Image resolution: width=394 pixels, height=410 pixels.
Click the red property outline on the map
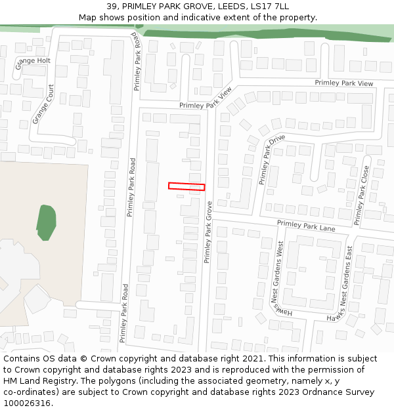(186, 186)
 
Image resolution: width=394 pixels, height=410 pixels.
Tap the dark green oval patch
(46, 222)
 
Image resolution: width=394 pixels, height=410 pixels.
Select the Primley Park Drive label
(271, 159)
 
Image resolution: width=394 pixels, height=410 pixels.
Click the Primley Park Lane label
(306, 226)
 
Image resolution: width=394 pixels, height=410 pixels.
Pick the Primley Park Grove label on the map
(209, 232)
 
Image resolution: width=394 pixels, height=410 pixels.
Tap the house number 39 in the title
(112, 7)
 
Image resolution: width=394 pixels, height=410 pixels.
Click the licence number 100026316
(26, 403)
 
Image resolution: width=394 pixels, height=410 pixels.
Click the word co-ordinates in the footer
(30, 392)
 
